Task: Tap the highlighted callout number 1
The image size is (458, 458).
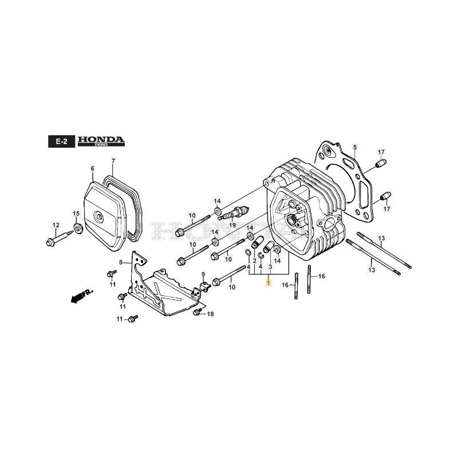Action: [266, 283]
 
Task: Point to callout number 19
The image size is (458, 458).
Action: [232, 226]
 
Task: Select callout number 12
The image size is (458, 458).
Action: [56, 224]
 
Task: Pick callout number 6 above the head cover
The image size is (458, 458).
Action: [92, 168]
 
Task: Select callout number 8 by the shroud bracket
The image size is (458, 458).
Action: [121, 262]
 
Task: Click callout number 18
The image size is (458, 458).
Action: [210, 314]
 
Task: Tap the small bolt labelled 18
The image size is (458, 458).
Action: [198, 311]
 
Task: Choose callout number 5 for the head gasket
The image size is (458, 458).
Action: [354, 148]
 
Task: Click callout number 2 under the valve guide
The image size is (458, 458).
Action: [254, 260]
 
